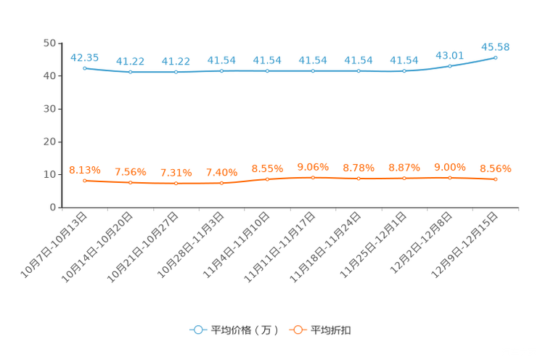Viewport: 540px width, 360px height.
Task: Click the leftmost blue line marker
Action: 85,68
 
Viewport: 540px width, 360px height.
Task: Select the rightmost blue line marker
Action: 496,57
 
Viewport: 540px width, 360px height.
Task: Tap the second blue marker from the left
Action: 131,72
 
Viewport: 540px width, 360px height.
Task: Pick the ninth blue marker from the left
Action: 451,66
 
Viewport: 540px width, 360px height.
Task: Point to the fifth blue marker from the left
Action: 268,71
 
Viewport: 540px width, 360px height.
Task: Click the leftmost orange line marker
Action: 85,181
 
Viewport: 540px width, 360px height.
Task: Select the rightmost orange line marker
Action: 496,179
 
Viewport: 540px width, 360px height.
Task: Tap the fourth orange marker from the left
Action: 222,184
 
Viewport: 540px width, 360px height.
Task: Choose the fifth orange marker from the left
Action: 268,179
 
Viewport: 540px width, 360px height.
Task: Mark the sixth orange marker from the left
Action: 314,177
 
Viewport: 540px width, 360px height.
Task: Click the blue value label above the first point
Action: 85,56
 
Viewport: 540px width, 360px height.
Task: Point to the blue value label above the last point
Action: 496,46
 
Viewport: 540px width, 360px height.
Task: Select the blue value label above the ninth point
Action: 450,54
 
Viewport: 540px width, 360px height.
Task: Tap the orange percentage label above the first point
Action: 83,169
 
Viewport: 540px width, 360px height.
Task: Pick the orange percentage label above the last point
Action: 496,168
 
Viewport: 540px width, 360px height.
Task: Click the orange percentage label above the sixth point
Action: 314,166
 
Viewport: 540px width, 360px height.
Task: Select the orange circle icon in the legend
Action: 298,330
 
